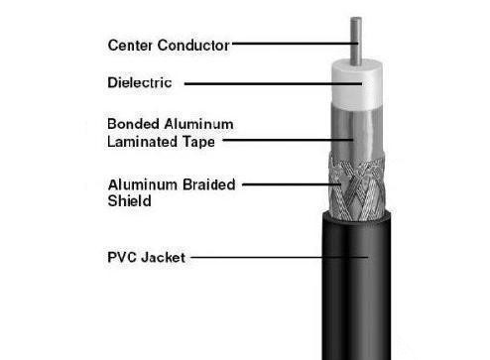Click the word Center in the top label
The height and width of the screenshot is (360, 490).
pyautogui.click(x=130, y=46)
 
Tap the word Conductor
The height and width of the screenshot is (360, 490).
pyautogui.click(x=193, y=46)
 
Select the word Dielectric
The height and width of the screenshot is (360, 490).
pyautogui.click(x=140, y=82)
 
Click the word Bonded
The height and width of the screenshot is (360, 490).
pyautogui.click(x=133, y=124)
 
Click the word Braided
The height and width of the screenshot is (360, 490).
pyautogui.click(x=209, y=184)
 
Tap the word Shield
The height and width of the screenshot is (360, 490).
pyautogui.click(x=129, y=201)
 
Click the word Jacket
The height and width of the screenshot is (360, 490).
pyautogui.click(x=163, y=258)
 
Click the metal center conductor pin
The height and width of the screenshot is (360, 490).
pyautogui.click(x=356, y=41)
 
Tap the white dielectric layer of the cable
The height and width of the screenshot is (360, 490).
pyautogui.click(x=357, y=84)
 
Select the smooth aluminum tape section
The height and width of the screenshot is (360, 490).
pyautogui.click(x=357, y=132)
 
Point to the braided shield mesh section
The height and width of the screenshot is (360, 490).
pyautogui.click(x=357, y=187)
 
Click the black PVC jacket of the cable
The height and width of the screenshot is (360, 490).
pyautogui.click(x=356, y=288)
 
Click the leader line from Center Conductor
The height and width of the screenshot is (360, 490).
pyautogui.click(x=295, y=44)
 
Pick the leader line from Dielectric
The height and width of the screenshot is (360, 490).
pyautogui.click(x=273, y=84)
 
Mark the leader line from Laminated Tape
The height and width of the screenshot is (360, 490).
pyautogui.click(x=288, y=140)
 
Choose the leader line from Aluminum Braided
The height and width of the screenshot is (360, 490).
pyautogui.click(x=292, y=184)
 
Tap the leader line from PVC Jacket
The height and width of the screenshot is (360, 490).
pyautogui.click(x=280, y=257)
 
